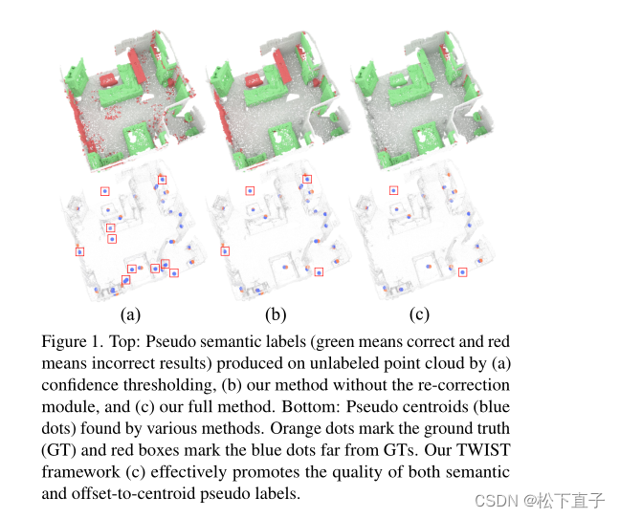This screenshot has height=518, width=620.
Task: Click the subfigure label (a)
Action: pyautogui.click(x=130, y=313)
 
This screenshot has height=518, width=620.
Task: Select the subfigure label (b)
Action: pyautogui.click(x=276, y=313)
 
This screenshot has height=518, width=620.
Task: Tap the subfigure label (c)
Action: pyautogui.click(x=419, y=313)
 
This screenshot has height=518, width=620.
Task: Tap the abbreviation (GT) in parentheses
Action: pyautogui.click(x=59, y=452)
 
